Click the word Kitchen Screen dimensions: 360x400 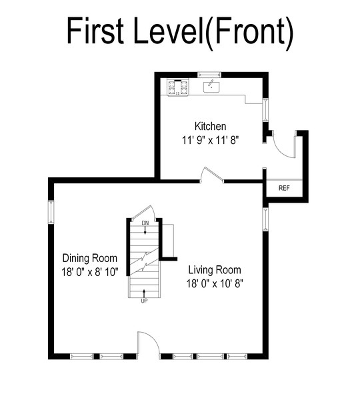pyautogui.click(x=210, y=126)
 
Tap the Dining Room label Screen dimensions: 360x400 pyautogui.click(x=90, y=258)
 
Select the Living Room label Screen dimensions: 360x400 pyautogui.click(x=214, y=269)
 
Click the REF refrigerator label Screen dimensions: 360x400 pyautogui.click(x=284, y=188)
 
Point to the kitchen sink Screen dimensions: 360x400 pyautogui.click(x=212, y=87)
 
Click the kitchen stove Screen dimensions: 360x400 pyautogui.click(x=178, y=87)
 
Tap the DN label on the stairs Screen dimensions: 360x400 pyautogui.click(x=145, y=223)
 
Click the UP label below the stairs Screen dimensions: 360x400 pyautogui.click(x=144, y=301)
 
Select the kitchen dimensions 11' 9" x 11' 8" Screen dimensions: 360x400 pyautogui.click(x=210, y=140)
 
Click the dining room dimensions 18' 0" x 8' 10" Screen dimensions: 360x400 pyautogui.click(x=90, y=272)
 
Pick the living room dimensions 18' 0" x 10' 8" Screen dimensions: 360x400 pyautogui.click(x=215, y=283)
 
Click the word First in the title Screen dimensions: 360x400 pyautogui.click(x=95, y=30)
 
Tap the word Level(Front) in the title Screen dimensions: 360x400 pyautogui.click(x=213, y=33)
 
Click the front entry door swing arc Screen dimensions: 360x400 pyautogui.click(x=153, y=337)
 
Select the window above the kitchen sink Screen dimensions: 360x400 pyautogui.click(x=209, y=75)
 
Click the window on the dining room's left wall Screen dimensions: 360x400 pyautogui.click(x=51, y=212)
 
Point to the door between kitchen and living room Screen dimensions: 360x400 pyautogui.click(x=211, y=174)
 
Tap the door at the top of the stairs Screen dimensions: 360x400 pyautogui.click(x=144, y=212)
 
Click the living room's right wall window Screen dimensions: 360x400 pyautogui.click(x=265, y=219)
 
